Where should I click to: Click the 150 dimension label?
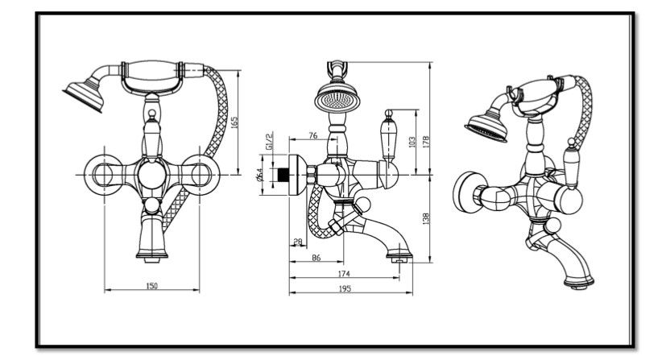[151, 286]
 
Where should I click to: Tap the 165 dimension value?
[234, 123]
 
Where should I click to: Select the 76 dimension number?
[312, 135]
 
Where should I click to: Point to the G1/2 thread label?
[271, 145]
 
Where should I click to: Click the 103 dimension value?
[412, 142]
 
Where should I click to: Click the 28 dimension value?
[298, 242]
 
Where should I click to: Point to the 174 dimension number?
[344, 274]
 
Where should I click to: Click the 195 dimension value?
[344, 288]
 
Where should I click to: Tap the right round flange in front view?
[197, 174]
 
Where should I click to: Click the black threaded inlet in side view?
[282, 175]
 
